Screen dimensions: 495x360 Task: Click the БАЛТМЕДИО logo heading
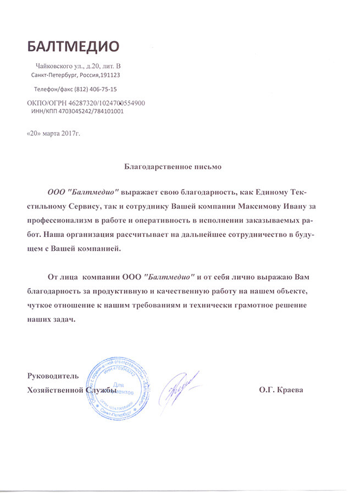(x=73, y=45)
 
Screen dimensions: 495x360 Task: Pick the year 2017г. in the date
(x=70, y=134)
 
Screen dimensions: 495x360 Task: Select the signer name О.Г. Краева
(x=281, y=390)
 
